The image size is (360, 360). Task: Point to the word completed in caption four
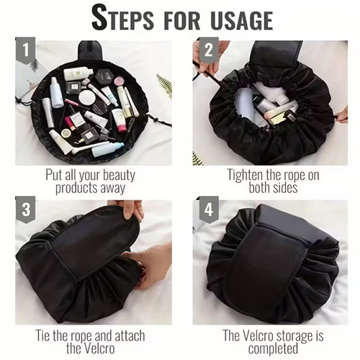tap(274, 351)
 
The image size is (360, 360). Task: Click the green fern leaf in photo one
tap(165, 86)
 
